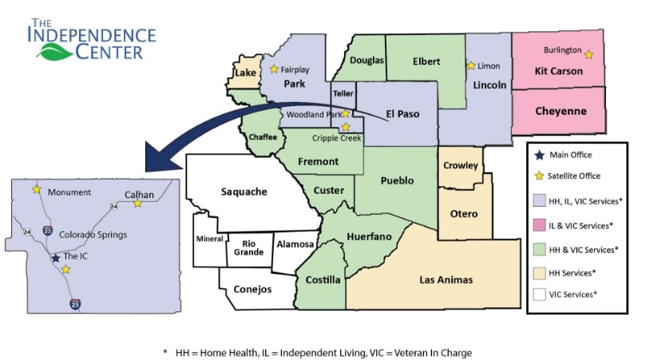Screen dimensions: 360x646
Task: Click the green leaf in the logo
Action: click(55, 52)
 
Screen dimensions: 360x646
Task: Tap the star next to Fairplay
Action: click(275, 69)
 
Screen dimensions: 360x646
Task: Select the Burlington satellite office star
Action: click(589, 54)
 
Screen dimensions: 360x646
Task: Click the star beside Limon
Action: click(471, 65)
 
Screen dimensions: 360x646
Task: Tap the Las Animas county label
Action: click(446, 279)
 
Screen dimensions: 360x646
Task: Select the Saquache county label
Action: click(244, 192)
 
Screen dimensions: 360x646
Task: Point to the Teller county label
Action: click(343, 93)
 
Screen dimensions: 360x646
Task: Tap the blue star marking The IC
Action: click(55, 258)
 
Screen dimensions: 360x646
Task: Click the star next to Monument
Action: click(37, 189)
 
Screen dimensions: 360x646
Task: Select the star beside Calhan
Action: click(137, 204)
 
